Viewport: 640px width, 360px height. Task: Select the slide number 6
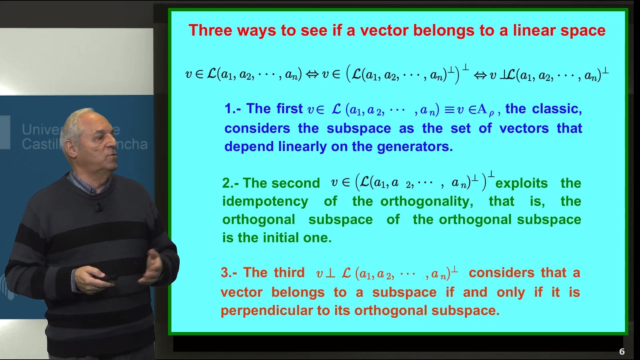(622, 351)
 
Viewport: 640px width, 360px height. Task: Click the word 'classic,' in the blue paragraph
(557, 109)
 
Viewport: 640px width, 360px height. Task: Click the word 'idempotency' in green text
(265, 202)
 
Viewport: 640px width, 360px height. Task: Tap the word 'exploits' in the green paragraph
(522, 183)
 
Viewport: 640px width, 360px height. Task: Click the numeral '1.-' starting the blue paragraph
(233, 109)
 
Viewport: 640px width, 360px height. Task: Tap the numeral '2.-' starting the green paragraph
(230, 183)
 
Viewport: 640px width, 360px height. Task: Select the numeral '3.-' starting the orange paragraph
(229, 273)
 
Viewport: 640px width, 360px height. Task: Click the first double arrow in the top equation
(312, 74)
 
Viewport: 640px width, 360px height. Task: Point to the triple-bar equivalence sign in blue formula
(450, 110)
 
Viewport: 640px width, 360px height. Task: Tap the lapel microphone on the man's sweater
(98, 207)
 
